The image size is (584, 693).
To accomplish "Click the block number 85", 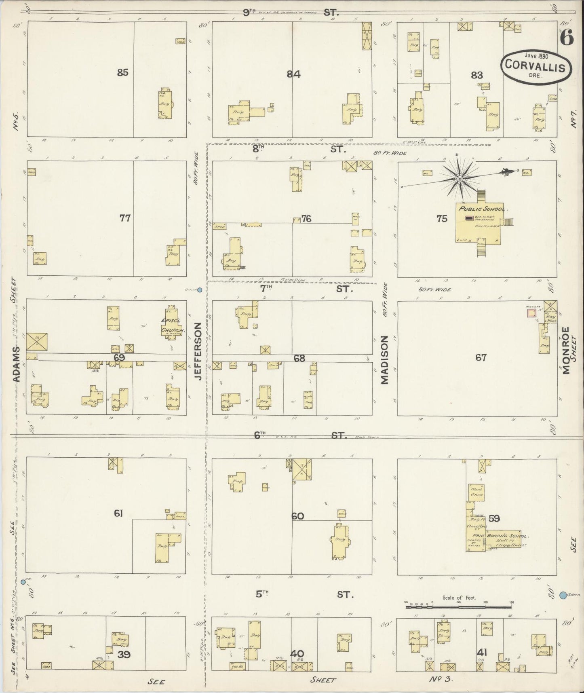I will pyautogui.click(x=122, y=72).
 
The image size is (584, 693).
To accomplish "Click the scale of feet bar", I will pyautogui.click(x=458, y=606).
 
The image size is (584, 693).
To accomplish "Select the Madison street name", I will pyautogui.click(x=384, y=359).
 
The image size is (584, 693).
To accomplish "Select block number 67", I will pyautogui.click(x=481, y=357).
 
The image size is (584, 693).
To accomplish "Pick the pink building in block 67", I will pyautogui.click(x=532, y=313).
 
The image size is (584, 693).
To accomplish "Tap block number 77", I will pyautogui.click(x=125, y=218).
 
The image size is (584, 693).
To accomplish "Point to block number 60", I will pyautogui.click(x=297, y=516).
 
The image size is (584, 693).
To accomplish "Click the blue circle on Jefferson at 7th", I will pyautogui.click(x=199, y=289).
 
